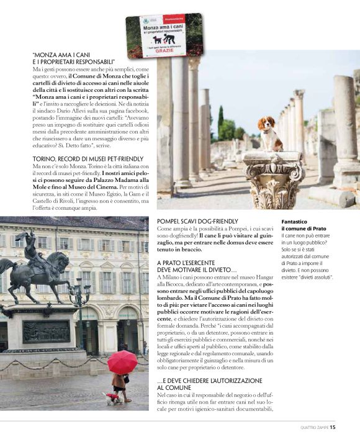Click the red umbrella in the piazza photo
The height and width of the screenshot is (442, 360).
point(122,361)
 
